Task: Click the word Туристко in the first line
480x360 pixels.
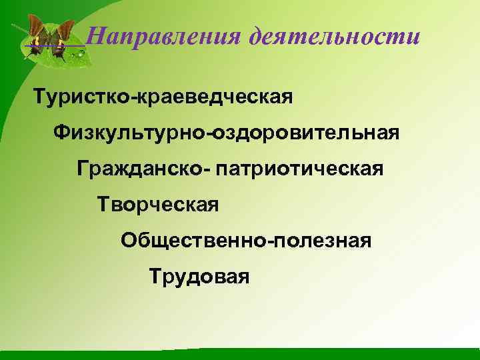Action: click(84, 97)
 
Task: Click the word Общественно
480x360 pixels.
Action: click(193, 239)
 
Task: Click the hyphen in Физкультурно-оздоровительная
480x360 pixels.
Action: click(213, 134)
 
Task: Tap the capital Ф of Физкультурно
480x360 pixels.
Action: click(63, 133)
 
